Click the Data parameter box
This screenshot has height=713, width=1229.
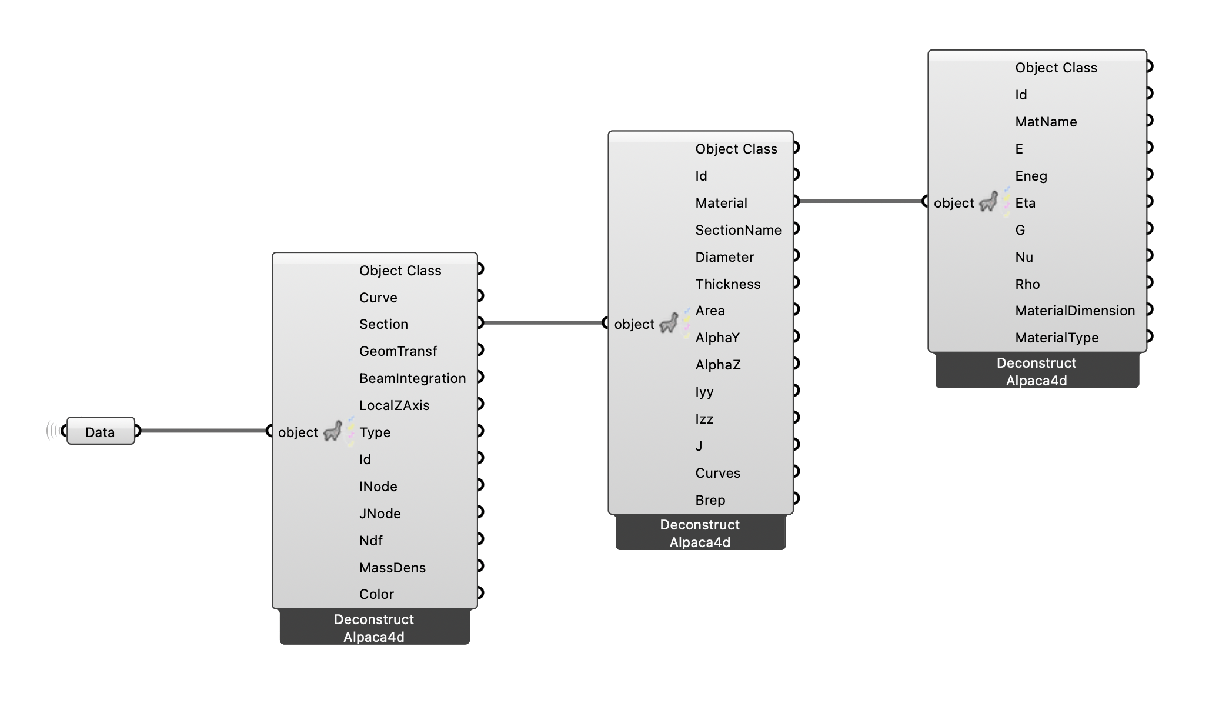(x=100, y=432)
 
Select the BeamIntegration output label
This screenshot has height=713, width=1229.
(x=412, y=378)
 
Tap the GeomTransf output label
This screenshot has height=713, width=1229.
(x=398, y=351)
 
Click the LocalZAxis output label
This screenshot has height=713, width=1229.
(x=394, y=405)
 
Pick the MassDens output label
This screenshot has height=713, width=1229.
(x=392, y=568)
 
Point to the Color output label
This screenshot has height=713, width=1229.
(x=376, y=594)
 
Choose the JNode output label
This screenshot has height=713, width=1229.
(x=380, y=514)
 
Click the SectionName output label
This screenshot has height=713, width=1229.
(x=738, y=230)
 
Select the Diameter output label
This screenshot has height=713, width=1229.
(x=724, y=257)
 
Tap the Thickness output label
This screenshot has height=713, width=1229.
(x=727, y=284)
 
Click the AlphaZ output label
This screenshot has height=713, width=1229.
(x=717, y=365)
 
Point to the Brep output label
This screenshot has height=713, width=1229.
(x=710, y=500)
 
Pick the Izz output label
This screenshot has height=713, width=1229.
(x=704, y=419)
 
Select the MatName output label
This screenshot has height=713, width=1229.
(x=1046, y=122)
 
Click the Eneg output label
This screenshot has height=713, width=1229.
(x=1031, y=176)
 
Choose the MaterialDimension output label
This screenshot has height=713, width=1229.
(x=1074, y=311)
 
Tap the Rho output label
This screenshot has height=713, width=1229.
(x=1027, y=284)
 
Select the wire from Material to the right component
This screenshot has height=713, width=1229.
(x=861, y=201)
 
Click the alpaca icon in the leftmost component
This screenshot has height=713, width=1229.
(x=333, y=431)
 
